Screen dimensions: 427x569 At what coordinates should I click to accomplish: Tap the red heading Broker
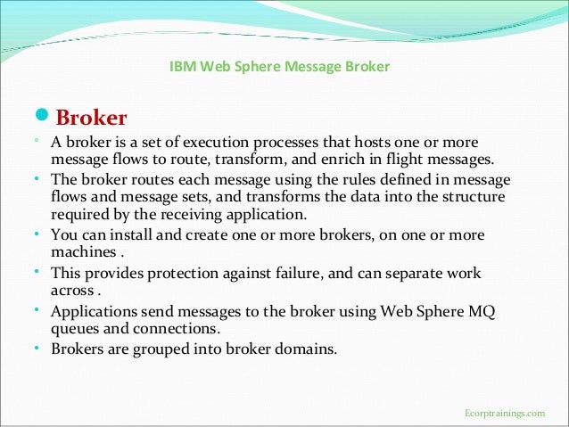[92, 118]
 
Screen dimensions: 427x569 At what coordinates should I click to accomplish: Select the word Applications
[91, 312]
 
